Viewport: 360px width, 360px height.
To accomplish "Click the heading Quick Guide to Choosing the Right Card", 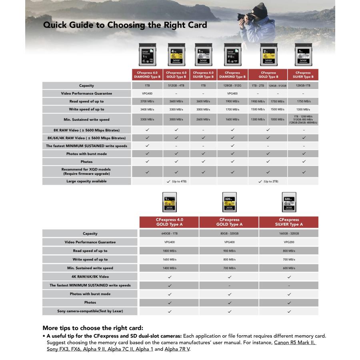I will pos(125,25).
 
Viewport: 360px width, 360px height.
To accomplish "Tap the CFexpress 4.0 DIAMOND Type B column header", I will pos(147,75).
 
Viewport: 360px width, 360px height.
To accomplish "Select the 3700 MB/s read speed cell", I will pos(147,102).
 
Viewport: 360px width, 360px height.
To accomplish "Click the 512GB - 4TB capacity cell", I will pos(176,86).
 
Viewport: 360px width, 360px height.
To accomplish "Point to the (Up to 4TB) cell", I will pos(176,181).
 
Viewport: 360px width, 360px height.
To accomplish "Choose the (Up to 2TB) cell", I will pos(268,181).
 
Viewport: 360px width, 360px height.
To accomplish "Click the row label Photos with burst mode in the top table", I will pos(87,154).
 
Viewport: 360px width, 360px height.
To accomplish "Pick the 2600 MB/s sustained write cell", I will pos(203,120).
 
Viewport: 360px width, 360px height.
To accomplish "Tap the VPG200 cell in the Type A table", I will pos(289,242).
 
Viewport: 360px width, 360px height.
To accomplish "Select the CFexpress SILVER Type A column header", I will pos(289,222).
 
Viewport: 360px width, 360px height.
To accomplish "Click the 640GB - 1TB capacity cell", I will pos(169,234).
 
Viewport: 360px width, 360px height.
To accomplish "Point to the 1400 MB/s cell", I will pos(169,268).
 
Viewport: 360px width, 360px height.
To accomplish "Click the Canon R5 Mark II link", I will pos(295,343).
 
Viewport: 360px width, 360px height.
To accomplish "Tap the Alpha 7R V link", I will pos(177,349).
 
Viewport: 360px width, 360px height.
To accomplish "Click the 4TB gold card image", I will pos(176,55).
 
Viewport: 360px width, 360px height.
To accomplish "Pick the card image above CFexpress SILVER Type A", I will pos(289,202).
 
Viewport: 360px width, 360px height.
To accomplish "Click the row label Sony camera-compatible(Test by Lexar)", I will pos(87,311).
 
